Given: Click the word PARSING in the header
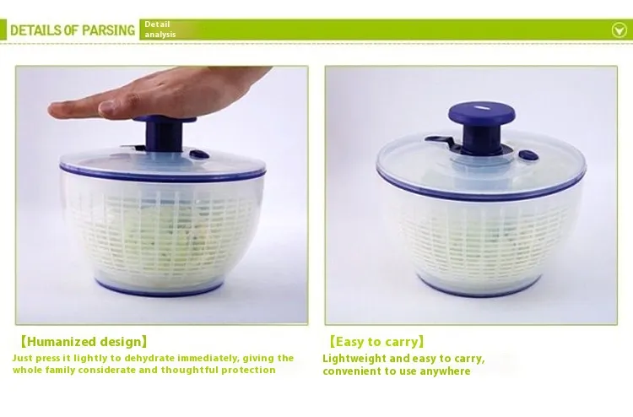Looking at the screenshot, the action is [x=108, y=30].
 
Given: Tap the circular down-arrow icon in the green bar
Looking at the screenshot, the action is [x=619, y=30].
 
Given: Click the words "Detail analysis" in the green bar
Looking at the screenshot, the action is [x=160, y=30].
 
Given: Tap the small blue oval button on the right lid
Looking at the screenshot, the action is [x=527, y=155].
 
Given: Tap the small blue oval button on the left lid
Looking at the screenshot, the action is [x=199, y=154].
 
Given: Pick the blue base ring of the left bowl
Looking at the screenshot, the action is [x=160, y=288].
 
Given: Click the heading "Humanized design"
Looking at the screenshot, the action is [x=84, y=342].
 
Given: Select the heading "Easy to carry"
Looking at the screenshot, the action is [x=376, y=342].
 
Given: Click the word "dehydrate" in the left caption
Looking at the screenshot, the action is [x=149, y=358].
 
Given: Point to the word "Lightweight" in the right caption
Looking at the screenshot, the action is [x=354, y=359].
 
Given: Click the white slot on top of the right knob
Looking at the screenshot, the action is [x=481, y=107].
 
